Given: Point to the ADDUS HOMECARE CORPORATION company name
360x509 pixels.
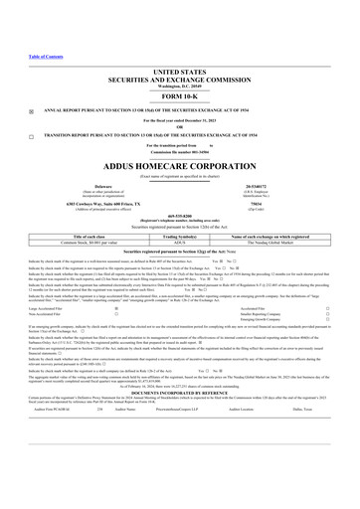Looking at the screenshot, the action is (179, 169).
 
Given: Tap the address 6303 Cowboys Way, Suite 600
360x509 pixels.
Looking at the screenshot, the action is (70, 203).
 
